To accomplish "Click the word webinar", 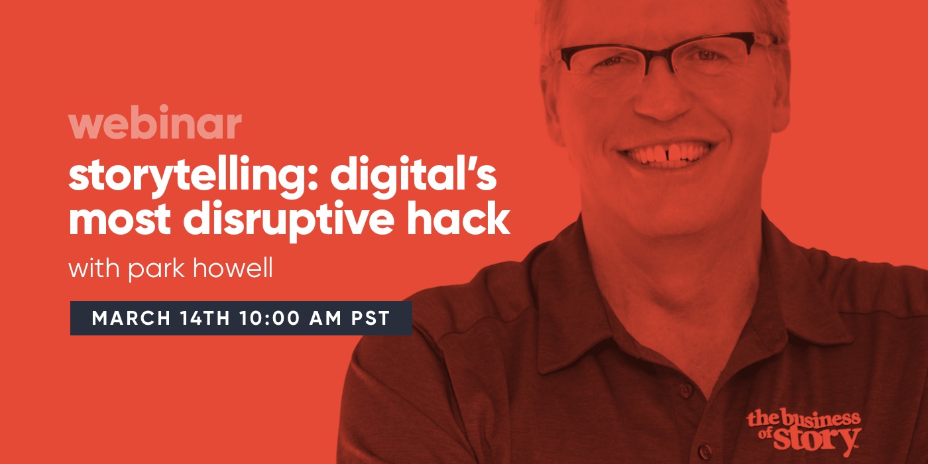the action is tap(155, 122).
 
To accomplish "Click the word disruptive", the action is tap(288, 219).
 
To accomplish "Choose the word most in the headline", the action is tap(119, 219).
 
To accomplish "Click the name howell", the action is tap(233, 268).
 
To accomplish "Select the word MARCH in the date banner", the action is tap(131, 318).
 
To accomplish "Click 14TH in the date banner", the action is tap(205, 318).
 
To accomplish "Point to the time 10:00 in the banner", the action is tap(270, 318).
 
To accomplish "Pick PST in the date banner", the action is tap(371, 318).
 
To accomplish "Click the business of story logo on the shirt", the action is tap(804, 432).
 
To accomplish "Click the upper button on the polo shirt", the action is tap(685, 390).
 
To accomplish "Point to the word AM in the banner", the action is tap(325, 318).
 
